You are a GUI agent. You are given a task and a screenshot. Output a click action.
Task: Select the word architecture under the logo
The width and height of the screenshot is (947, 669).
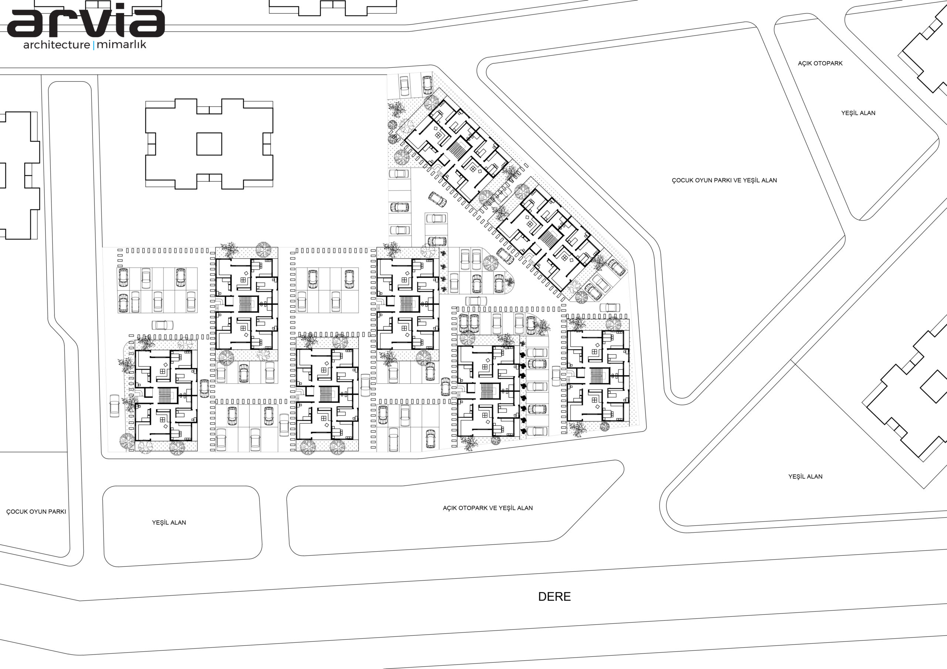(57, 44)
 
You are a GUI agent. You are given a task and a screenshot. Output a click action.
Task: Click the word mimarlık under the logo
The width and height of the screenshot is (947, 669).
(121, 44)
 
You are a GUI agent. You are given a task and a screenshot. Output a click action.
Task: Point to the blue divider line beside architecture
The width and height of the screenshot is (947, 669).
(94, 45)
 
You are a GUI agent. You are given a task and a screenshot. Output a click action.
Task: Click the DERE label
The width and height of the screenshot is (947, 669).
(555, 596)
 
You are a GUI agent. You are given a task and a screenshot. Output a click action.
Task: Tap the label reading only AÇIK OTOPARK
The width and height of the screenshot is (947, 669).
(820, 63)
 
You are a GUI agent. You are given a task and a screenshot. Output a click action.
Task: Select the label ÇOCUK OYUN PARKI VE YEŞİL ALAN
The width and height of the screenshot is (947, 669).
(724, 180)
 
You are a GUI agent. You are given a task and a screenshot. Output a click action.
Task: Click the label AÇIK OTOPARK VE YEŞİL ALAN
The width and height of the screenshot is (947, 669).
(488, 508)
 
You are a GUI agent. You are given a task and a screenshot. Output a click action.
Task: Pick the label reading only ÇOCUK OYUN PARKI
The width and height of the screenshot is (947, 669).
(36, 511)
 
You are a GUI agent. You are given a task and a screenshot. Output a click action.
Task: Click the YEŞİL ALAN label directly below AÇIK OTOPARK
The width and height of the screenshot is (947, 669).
(858, 112)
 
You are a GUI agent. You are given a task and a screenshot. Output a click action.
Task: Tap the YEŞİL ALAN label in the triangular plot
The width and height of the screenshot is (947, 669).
(805, 476)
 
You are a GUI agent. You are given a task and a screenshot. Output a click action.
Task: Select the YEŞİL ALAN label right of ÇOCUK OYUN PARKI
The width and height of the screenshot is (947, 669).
(169, 522)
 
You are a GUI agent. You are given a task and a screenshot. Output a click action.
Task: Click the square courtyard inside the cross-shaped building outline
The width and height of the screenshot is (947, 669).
(209, 144)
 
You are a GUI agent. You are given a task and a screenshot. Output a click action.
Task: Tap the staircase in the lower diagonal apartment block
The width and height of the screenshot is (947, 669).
(548, 239)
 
